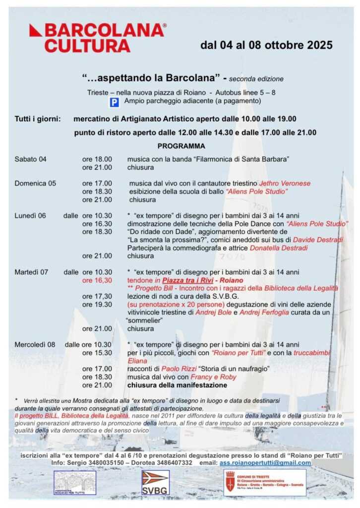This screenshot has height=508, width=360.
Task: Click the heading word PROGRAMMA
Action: [x=181, y=146]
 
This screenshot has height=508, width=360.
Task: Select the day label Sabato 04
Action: [x=31, y=159]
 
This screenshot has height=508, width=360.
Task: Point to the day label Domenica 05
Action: [x=35, y=183]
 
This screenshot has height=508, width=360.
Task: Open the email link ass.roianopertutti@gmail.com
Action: [x=265, y=463]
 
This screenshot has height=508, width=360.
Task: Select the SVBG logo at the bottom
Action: [x=155, y=483]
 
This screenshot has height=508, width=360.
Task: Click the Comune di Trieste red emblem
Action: [x=230, y=482]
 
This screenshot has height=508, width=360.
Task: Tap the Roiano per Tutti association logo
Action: [x=74, y=483]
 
